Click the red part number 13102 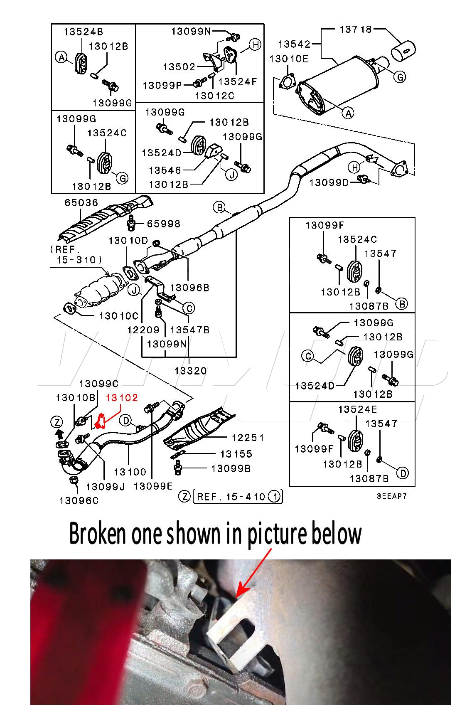(x=122, y=398)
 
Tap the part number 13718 (x=356, y=29)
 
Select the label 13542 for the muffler (x=294, y=44)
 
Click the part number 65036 (x=81, y=202)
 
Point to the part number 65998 (x=164, y=224)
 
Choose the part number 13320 (x=191, y=370)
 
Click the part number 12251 (x=248, y=437)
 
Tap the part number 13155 (x=236, y=453)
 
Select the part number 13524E (x=358, y=409)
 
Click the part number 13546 (x=165, y=170)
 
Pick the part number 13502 (x=179, y=66)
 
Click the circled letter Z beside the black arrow (x=57, y=423)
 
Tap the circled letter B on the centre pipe (x=219, y=207)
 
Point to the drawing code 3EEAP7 (x=392, y=496)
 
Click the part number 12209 (x=143, y=330)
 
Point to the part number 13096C (x=79, y=500)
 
